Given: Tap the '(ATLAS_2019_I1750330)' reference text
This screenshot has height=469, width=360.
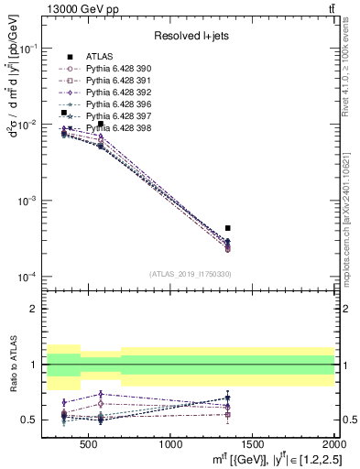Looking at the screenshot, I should (x=191, y=274).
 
